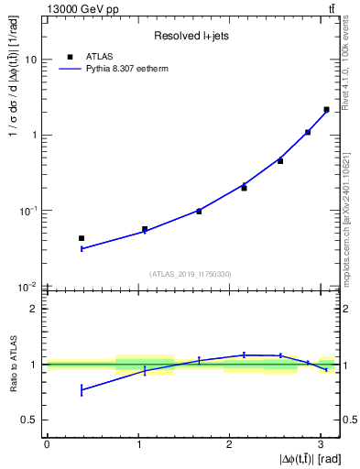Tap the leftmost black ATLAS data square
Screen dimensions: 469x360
82,238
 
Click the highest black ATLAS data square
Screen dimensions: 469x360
326,110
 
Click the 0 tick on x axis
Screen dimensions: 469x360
47,444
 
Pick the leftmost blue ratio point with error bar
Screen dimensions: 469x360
82,390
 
